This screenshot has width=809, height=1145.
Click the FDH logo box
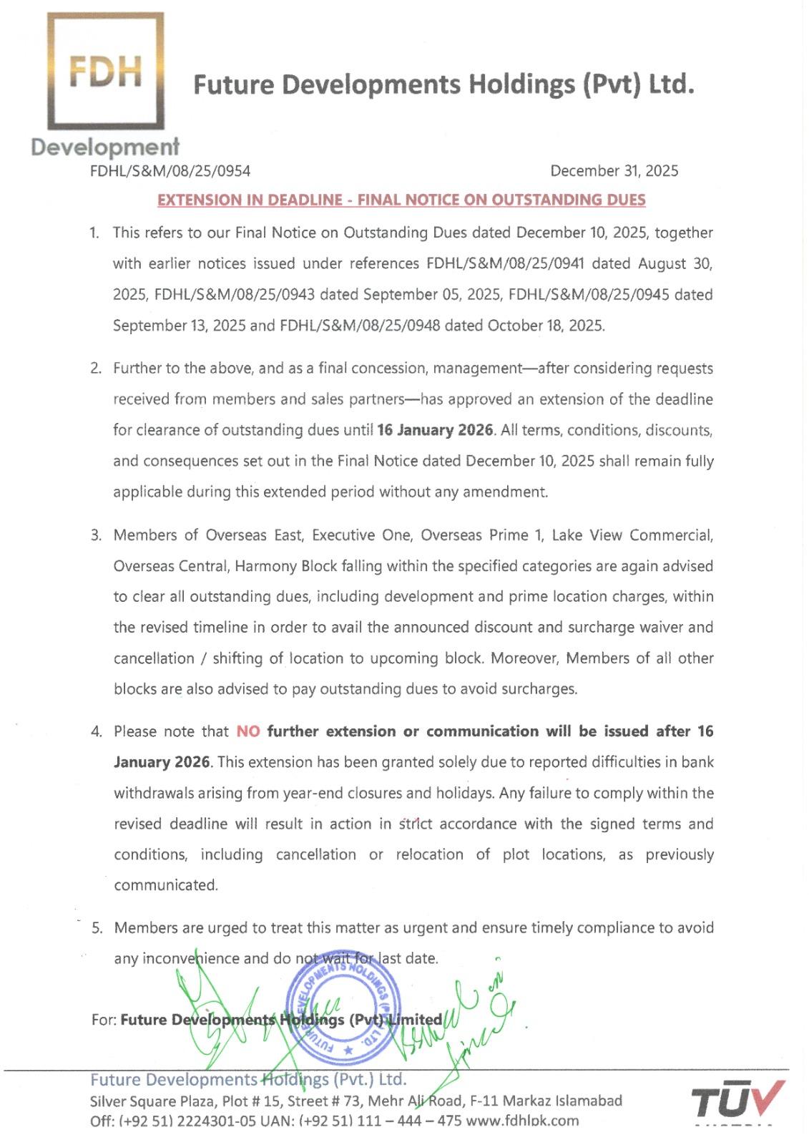105,71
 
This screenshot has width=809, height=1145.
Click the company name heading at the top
443,84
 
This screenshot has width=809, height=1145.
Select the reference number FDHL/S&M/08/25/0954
170,171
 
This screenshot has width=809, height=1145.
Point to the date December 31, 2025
614,171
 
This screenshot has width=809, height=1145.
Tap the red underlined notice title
401,200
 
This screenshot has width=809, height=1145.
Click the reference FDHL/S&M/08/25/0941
505,263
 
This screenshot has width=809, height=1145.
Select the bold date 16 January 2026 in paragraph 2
435,430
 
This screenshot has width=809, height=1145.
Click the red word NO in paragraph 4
248,731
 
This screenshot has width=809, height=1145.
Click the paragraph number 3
96,535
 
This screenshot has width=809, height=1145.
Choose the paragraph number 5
97,928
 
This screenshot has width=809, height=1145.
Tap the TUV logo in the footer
737,1100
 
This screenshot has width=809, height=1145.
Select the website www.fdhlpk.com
522,1121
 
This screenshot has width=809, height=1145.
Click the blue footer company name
248,1079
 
